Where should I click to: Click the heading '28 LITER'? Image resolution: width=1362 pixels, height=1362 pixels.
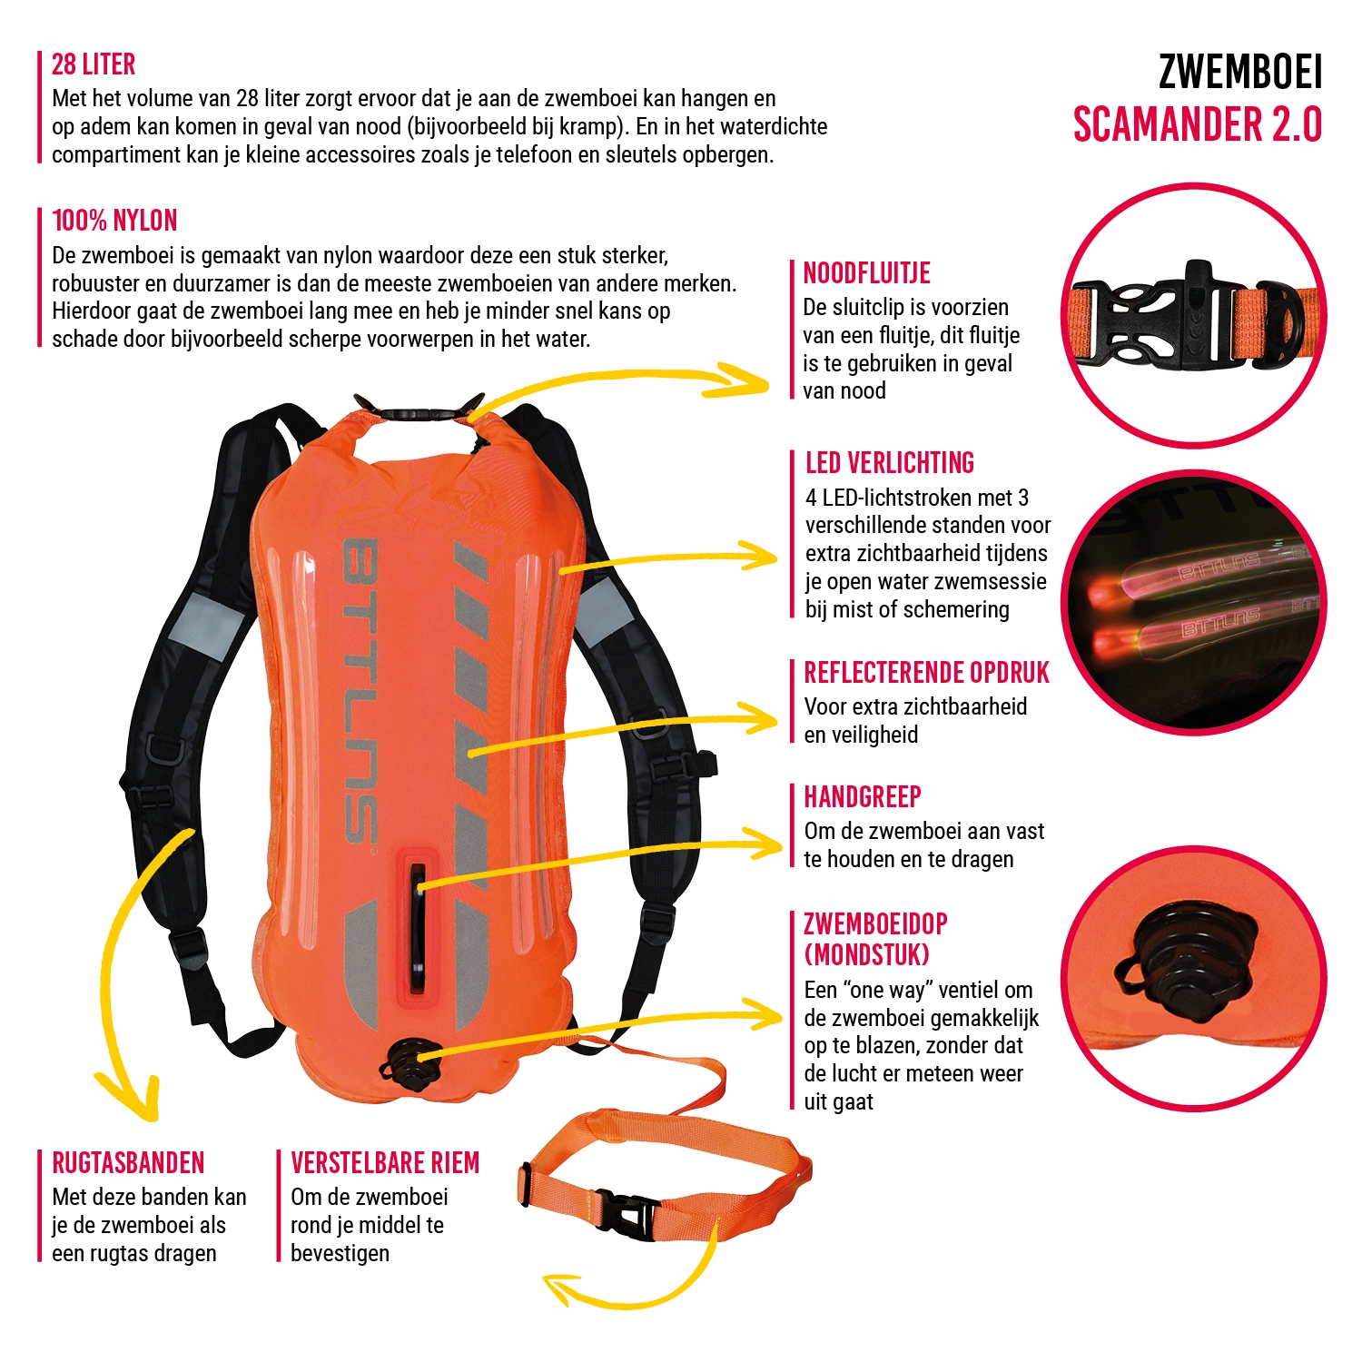pos(94,64)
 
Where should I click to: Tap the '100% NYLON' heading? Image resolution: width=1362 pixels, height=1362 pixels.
pos(114,221)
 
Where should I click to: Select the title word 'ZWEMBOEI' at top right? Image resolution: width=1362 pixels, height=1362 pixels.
pos(1240,73)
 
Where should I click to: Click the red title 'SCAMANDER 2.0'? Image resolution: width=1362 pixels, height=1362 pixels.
pos(1197,125)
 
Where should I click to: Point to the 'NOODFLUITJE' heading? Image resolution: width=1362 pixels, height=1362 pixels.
pos(866,273)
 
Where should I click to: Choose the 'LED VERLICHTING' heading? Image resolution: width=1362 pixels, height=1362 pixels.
pos(889,463)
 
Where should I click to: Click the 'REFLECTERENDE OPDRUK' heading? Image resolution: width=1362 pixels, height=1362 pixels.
pos(926,673)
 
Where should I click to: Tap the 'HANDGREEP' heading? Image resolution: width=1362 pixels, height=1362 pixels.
pos(862,797)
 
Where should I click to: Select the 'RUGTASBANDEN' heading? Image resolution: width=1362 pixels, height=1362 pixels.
pos(128,1163)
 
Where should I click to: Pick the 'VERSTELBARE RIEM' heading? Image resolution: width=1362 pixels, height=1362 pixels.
pos(385,1163)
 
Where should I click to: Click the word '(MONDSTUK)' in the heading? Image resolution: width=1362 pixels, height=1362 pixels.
pos(866,955)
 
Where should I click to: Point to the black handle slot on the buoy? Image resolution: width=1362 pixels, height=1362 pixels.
pos(418,926)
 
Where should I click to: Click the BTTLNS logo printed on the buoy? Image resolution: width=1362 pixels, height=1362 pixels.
pos(360,690)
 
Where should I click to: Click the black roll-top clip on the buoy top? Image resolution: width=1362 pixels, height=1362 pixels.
pos(418,413)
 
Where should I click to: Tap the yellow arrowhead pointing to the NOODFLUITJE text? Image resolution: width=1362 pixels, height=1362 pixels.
pos(749,381)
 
